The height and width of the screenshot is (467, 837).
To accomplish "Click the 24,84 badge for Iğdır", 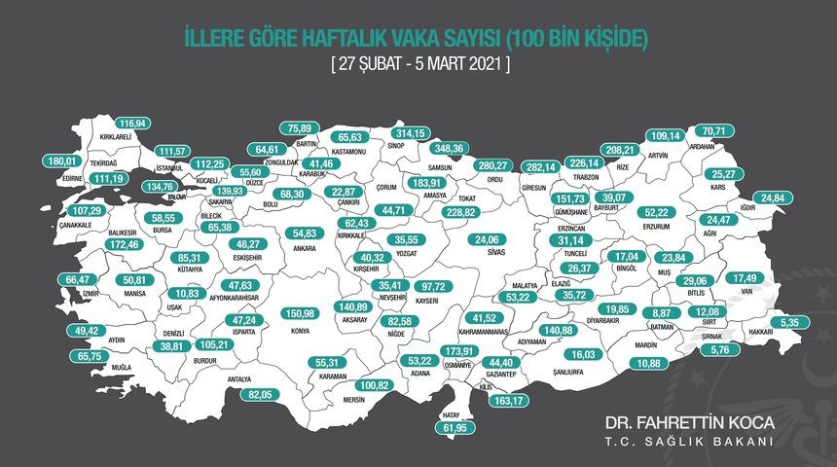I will pyautogui.click(x=773, y=198).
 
